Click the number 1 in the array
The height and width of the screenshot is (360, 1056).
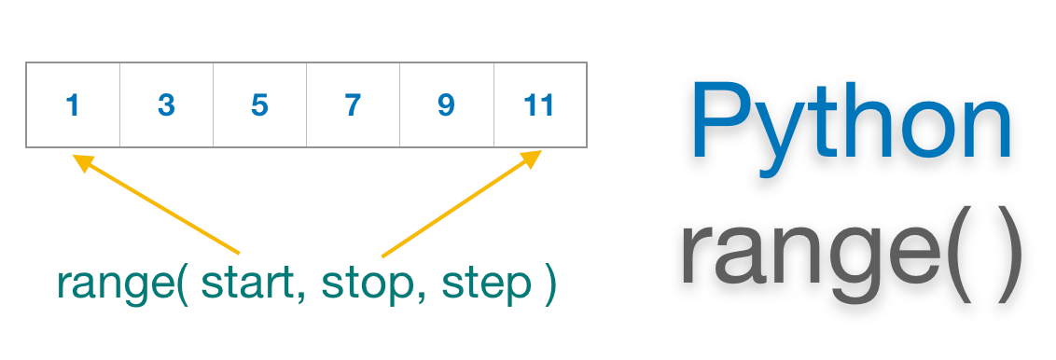point(73,105)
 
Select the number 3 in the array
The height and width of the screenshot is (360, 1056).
point(166,105)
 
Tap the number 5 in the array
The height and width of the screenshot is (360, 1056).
point(259,105)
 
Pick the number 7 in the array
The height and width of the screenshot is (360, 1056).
point(353,105)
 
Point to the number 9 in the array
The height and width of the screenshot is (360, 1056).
point(446,105)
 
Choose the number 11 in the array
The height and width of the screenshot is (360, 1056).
point(539,105)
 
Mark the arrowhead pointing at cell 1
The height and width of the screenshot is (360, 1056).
point(83,162)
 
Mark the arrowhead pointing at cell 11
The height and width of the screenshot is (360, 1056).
point(531,159)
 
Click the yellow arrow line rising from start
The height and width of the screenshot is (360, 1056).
point(163,208)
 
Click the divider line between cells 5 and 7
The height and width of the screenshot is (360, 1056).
point(306,105)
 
